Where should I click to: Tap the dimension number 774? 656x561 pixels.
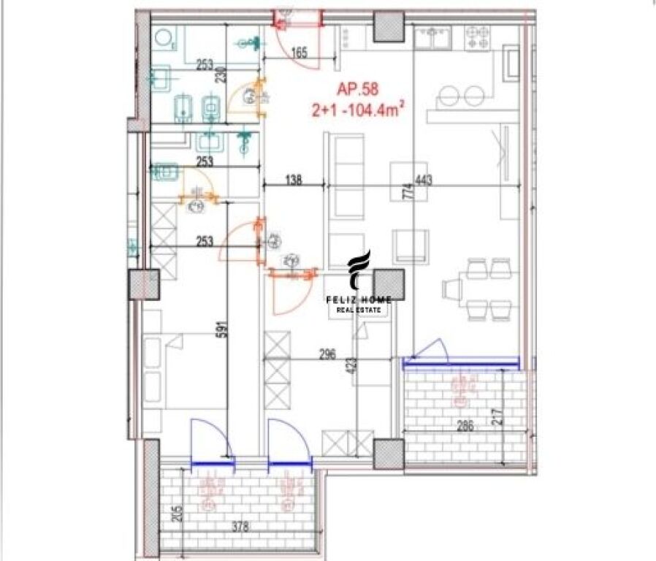click(x=410, y=191)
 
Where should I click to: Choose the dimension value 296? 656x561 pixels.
click(x=327, y=356)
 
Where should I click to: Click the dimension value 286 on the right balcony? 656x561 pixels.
click(x=462, y=427)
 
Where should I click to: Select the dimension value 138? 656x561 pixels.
click(x=292, y=179)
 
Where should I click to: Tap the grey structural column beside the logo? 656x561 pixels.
click(x=389, y=284)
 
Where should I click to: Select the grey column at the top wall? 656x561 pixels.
click(x=389, y=27)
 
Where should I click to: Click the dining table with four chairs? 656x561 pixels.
click(x=479, y=288)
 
